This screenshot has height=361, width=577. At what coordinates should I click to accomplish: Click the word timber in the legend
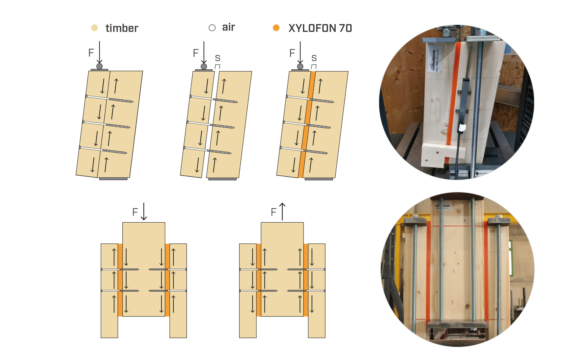pos(122,28)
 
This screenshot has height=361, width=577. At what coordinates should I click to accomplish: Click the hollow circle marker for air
pos(212,28)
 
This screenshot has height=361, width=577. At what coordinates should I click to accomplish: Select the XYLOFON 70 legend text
pos(320,28)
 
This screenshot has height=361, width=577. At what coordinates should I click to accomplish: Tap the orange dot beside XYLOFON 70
pos(276,28)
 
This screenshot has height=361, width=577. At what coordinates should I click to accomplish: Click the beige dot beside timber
pos(94,28)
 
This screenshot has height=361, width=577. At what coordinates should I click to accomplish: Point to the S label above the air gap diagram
pos(218,58)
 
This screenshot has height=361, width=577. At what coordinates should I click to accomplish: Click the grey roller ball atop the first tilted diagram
pos(99,66)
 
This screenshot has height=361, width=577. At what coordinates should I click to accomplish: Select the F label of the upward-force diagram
pos(273,212)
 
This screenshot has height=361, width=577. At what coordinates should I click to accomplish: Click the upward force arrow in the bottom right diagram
pos(282,211)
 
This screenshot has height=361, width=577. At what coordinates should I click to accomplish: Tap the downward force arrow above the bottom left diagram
pos(144,211)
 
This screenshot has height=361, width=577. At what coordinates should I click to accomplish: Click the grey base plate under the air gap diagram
pos(222,179)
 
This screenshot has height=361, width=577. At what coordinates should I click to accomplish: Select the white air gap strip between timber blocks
pos(211,120)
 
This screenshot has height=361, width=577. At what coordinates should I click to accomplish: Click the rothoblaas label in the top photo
pos(434,60)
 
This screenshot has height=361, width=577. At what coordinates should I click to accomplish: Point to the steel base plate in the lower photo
pos(457,325)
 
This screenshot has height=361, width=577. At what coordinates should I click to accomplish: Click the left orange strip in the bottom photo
pos(428,271)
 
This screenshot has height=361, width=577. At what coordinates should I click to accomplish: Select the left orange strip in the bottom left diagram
pos(120,280)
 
